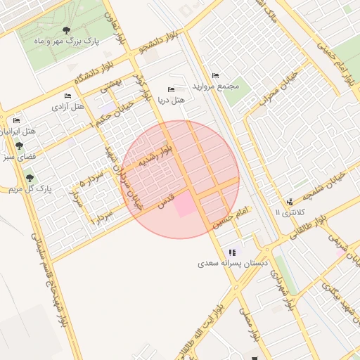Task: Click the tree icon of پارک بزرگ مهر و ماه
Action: [66, 30]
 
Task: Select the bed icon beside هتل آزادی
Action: [67, 96]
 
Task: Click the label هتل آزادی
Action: [68, 107]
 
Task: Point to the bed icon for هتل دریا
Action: [171, 89]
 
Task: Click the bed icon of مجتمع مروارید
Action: [215, 75]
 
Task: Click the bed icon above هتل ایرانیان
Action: [16, 120]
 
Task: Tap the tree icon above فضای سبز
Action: [18, 146]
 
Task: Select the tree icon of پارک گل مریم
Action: [30, 178]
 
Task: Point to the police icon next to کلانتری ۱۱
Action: [290, 202]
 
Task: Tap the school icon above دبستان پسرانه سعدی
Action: [231, 252]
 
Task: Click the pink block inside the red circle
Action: [185, 205]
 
